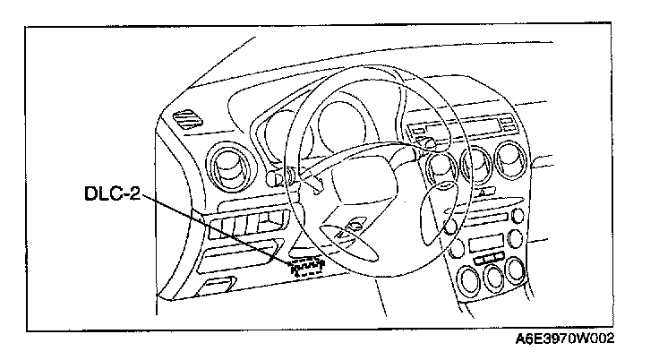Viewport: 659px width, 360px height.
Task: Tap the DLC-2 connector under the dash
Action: (305, 265)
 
